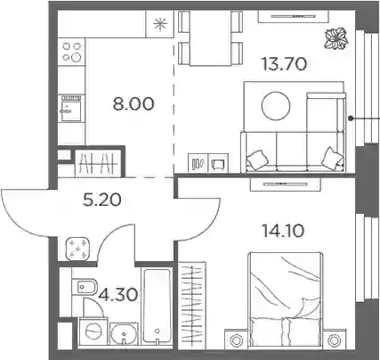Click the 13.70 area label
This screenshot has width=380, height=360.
[x=284, y=64]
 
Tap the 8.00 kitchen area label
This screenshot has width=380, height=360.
[x=133, y=104]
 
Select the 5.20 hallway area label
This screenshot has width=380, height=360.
[x=101, y=200]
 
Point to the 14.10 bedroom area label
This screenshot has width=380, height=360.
[x=283, y=231]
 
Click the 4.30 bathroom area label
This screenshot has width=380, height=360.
[x=118, y=295]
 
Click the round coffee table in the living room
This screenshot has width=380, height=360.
[x=276, y=106]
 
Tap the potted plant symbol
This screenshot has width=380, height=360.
[x=336, y=38]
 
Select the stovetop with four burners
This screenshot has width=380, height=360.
[x=72, y=52]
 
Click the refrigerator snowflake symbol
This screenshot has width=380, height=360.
[x=160, y=24]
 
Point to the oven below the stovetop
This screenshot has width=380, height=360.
[x=71, y=108]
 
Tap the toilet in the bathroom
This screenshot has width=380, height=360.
[x=84, y=287]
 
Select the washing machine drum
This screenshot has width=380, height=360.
[x=93, y=331]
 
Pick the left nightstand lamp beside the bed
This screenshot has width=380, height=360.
[x=237, y=340]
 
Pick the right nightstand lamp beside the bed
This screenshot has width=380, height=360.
[x=335, y=340]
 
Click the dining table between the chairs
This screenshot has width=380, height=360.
[x=210, y=38]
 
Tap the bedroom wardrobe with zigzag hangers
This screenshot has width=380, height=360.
[x=192, y=306]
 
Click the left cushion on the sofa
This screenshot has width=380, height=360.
[x=257, y=160]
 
